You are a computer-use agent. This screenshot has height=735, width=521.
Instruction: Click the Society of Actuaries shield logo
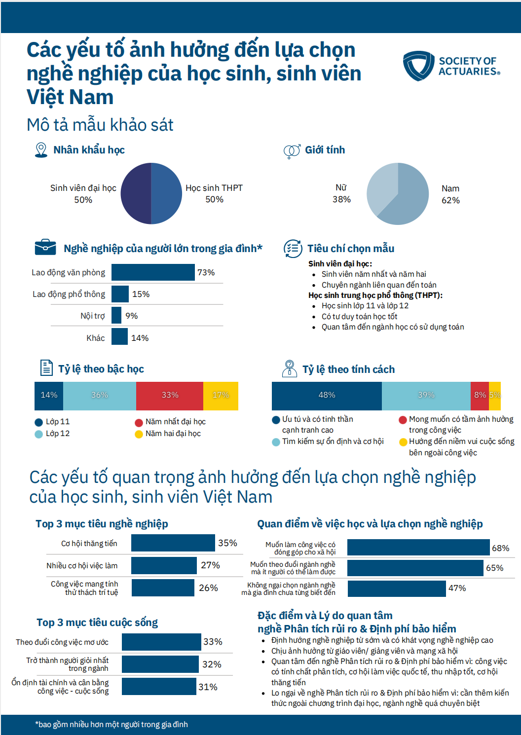coord(418,66)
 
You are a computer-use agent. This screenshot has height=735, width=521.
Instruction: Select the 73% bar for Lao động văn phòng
coord(153,272)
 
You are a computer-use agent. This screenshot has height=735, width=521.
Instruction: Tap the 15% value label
coord(141,294)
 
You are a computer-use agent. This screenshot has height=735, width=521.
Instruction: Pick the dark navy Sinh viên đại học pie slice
coord(136,193)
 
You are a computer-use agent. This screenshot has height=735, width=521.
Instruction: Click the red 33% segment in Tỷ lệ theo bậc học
coord(170,396)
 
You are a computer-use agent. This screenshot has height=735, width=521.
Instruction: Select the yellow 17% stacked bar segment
coord(221,396)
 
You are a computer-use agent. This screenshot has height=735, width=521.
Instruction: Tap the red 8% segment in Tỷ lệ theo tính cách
coord(480,396)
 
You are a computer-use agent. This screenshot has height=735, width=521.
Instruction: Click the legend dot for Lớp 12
coord(38,434)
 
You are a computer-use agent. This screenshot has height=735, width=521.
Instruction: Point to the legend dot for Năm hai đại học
coord(139,434)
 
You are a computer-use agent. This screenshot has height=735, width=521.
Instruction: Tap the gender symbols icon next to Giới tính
coord(292,150)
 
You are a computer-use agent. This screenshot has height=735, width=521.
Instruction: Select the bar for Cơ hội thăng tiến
coord(173,543)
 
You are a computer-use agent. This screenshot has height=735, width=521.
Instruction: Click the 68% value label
coord(500,548)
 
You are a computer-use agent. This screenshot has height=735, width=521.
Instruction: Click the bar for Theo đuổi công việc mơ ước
coord(161,642)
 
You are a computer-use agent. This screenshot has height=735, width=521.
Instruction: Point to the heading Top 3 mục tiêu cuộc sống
coord(97,623)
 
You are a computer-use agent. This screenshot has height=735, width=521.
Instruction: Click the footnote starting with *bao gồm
coord(112,724)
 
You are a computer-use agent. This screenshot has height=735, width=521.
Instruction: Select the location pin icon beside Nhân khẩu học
coord(41,150)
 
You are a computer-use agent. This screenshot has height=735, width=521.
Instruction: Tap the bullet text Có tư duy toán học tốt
coord(359,316)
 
